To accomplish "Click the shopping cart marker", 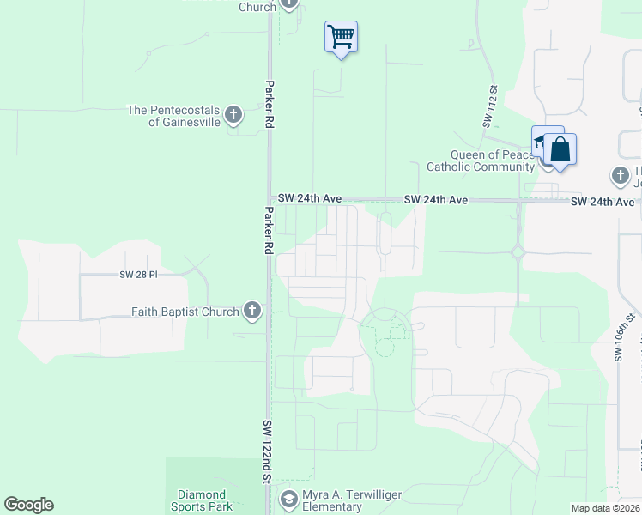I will [x=342, y=37].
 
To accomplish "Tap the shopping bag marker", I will [x=560, y=149].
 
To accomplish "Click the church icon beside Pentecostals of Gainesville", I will [x=233, y=115].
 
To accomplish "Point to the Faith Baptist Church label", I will [x=185, y=312].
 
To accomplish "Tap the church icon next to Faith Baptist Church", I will [x=251, y=311].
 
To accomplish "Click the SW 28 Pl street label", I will [x=140, y=275].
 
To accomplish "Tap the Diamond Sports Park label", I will [x=202, y=500].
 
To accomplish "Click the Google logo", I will [x=28, y=505].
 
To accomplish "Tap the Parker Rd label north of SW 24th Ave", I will [x=270, y=106].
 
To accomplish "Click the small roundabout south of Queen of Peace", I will [x=518, y=252].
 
